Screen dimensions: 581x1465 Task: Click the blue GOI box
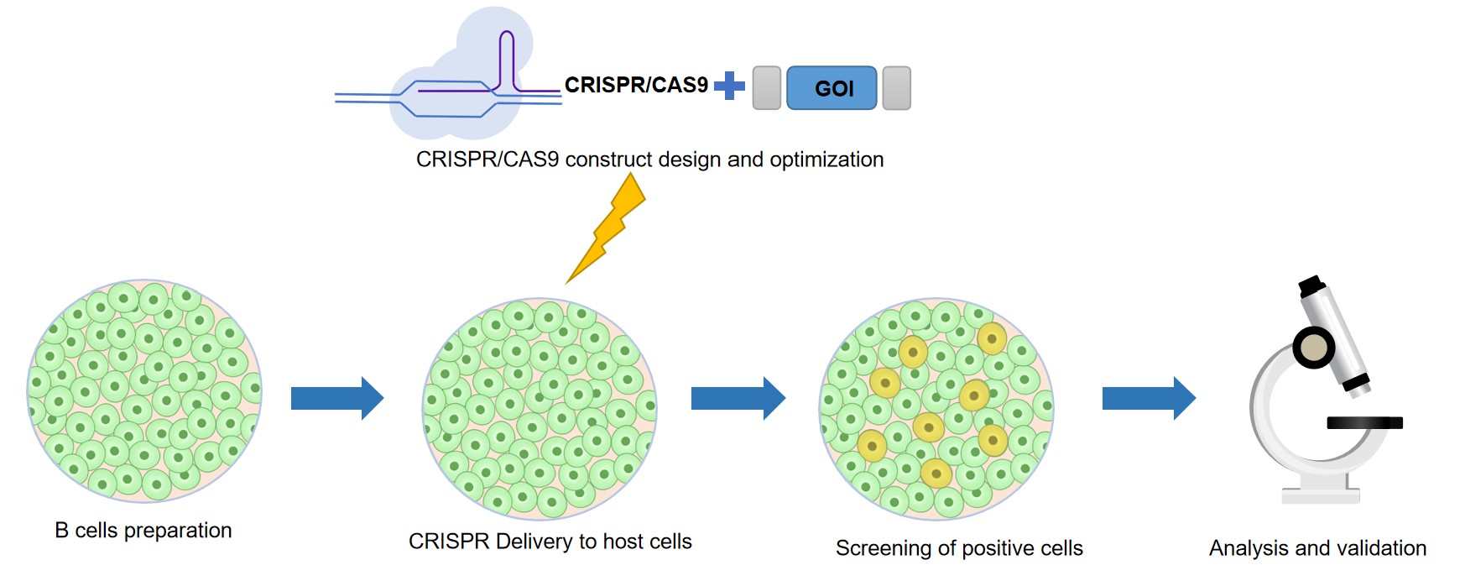tap(832, 88)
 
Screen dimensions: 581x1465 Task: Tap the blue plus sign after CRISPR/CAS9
tap(729, 85)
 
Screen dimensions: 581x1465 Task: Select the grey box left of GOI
tap(767, 88)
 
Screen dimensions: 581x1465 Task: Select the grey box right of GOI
tap(897, 88)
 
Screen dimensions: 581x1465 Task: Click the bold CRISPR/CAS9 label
tap(636, 85)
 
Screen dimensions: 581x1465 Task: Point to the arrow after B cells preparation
tap(336, 398)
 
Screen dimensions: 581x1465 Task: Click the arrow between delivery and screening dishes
tap(738, 398)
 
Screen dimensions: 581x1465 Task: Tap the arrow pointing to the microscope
tap(1148, 398)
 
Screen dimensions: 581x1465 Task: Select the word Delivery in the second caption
tap(534, 542)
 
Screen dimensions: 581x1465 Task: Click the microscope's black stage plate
tap(1364, 423)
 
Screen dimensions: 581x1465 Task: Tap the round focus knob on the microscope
tap(1313, 347)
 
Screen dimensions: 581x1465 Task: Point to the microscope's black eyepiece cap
tap(1311, 286)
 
